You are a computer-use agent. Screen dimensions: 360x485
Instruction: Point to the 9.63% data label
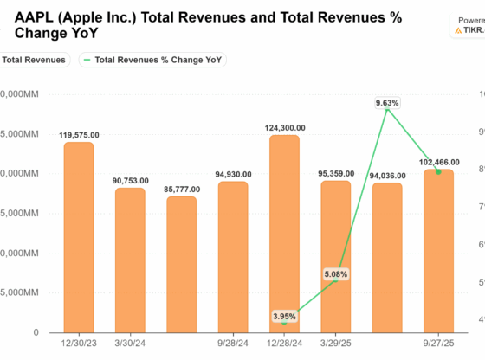[x=387, y=103]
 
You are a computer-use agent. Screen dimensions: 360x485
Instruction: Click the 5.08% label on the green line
[x=336, y=251]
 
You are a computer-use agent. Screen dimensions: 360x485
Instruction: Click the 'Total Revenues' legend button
[x=33, y=60]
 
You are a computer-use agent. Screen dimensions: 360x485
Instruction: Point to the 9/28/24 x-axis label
[x=232, y=344]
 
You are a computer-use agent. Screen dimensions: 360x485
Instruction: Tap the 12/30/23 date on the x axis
[x=79, y=344]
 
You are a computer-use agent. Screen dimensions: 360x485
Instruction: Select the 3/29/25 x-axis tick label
[x=335, y=344]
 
